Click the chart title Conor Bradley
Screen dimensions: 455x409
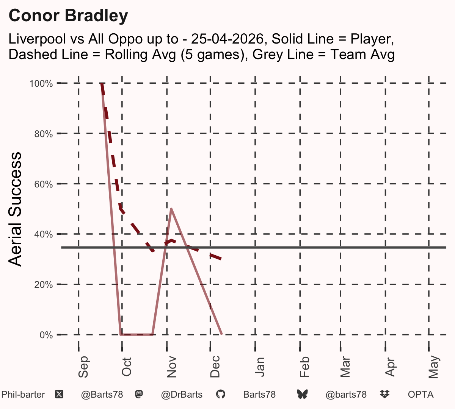[68, 16]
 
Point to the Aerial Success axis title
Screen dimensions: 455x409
[15, 209]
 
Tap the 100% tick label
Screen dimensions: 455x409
[41, 84]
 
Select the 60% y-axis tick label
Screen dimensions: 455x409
[44, 184]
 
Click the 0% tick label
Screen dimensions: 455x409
[46, 335]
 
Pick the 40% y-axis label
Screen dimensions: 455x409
[44, 234]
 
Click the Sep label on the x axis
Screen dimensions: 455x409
[83, 367]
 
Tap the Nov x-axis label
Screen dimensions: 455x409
[171, 367]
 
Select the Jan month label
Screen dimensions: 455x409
[260, 367]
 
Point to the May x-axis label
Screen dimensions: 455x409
[433, 367]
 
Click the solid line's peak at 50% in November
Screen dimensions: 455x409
[171, 209]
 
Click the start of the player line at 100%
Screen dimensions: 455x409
[102, 84]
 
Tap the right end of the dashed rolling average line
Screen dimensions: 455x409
[221, 259]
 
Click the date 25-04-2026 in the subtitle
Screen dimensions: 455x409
[227, 39]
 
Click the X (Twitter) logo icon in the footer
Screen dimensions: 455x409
[59, 395]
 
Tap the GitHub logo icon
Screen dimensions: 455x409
[220, 395]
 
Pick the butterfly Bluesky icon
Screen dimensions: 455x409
[302, 395]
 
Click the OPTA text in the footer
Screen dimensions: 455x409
[421, 395]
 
